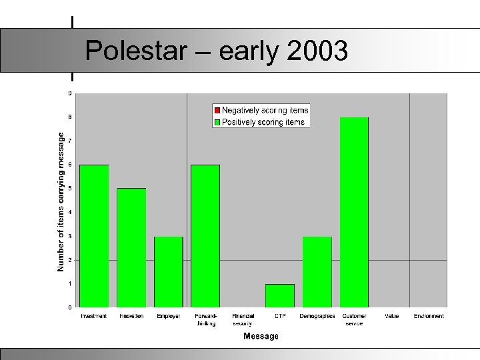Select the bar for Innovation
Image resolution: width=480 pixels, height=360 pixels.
131,247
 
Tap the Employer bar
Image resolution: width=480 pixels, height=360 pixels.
168,271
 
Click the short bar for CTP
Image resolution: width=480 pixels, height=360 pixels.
280,295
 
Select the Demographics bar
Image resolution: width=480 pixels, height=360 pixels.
317,271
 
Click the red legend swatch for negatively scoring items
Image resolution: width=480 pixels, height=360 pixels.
217,110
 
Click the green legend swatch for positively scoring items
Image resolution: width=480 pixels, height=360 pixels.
217,122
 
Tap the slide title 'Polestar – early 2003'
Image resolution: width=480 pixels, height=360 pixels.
216,51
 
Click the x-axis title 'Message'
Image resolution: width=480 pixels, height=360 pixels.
261,337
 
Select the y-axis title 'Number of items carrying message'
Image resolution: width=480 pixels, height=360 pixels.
61,201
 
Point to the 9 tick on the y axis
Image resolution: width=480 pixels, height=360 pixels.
70,93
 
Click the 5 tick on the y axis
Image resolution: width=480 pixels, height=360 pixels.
70,189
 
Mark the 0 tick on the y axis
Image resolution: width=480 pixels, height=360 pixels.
70,307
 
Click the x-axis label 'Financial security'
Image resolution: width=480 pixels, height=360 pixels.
243,319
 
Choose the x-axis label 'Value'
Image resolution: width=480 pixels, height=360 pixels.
391,316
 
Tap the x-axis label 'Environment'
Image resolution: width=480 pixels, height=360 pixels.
429,316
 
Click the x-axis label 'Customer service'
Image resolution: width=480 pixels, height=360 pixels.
354,319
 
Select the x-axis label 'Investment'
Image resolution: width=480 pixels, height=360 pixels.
94,316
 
